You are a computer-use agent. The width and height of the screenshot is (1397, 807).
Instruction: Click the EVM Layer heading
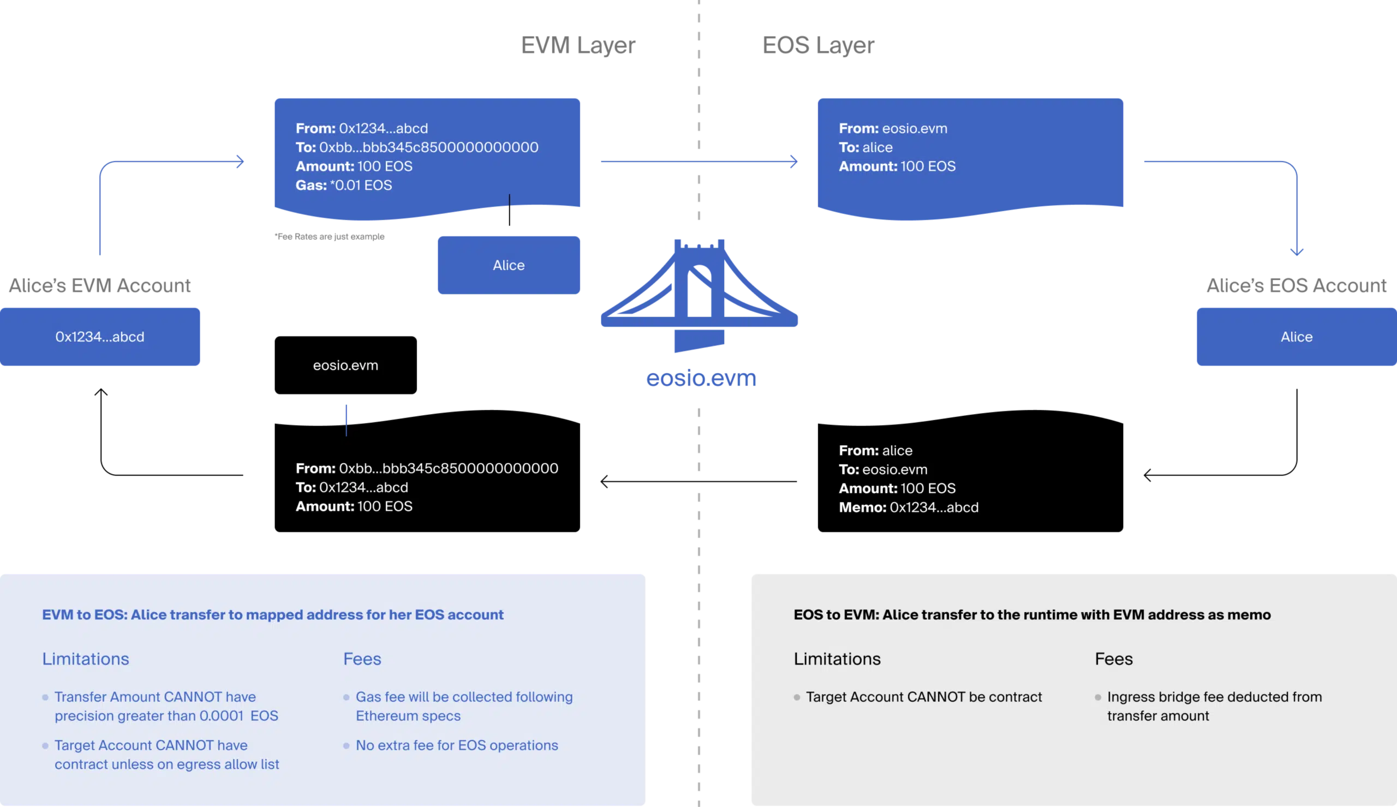tap(578, 45)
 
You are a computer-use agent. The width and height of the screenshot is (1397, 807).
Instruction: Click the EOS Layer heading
tap(818, 45)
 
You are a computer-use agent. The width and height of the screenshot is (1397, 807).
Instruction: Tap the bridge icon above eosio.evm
tap(700, 295)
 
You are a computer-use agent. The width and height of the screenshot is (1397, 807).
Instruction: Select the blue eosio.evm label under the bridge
tap(701, 378)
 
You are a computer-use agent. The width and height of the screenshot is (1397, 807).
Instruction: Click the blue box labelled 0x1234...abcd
tap(100, 337)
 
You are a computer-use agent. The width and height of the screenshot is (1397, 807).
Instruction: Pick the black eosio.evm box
tap(346, 365)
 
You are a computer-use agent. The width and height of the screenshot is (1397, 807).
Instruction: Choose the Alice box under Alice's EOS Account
tap(1297, 337)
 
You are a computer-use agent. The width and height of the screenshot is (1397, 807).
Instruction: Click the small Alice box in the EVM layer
tap(509, 265)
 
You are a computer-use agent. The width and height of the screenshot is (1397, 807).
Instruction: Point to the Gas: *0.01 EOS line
tap(344, 185)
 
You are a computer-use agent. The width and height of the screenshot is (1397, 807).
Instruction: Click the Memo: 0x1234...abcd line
tap(908, 507)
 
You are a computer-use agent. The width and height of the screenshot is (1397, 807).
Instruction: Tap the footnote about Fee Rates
tap(329, 237)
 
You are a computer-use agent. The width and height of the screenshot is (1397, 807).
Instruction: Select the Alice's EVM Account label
tap(100, 285)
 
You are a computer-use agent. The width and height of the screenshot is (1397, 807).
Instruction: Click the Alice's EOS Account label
tap(1297, 285)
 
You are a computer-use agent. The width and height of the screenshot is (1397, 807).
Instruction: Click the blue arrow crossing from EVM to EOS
tap(700, 162)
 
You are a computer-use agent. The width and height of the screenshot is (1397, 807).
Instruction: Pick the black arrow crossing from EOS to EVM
tap(699, 481)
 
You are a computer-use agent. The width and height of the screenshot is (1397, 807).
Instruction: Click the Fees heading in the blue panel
tap(362, 659)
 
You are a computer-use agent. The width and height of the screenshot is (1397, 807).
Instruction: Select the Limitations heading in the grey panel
tap(837, 659)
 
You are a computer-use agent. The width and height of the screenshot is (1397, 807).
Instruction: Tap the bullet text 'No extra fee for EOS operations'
tap(457, 745)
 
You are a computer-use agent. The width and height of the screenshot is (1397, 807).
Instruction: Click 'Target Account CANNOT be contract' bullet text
tap(924, 697)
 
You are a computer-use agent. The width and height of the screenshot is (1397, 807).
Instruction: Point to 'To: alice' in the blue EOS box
tap(865, 147)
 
